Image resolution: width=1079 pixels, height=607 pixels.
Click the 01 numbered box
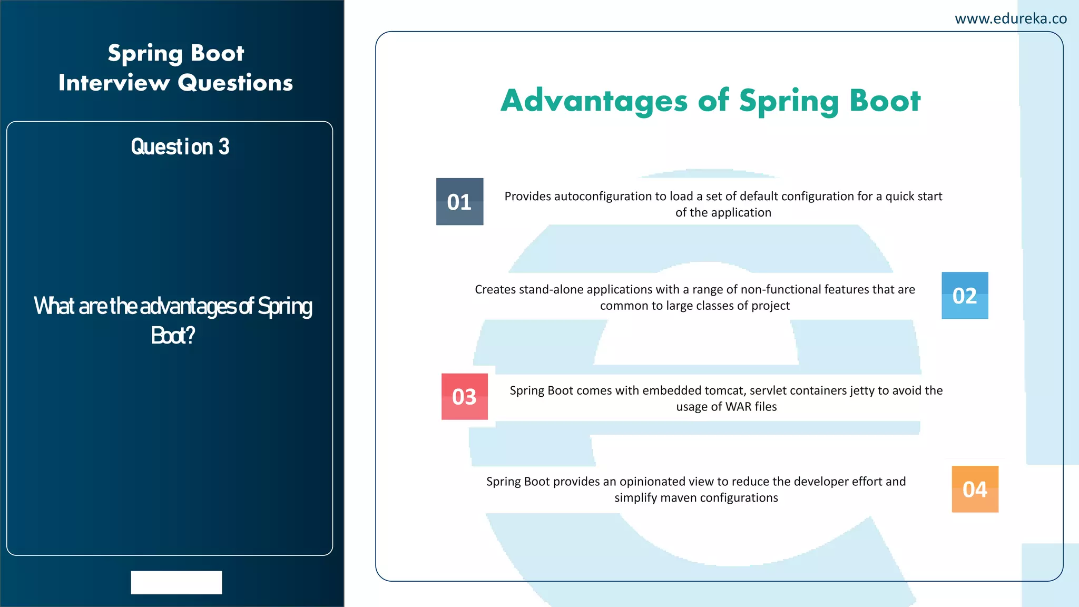pyautogui.click(x=459, y=202)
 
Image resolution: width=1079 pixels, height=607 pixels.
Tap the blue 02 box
pyautogui.click(x=965, y=296)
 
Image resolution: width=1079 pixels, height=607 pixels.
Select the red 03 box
pyautogui.click(x=464, y=397)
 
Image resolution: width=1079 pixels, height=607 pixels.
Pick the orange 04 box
pyautogui.click(x=975, y=489)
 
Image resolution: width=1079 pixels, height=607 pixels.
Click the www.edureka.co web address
pyautogui.click(x=1011, y=19)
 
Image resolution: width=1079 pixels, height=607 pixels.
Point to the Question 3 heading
pyautogui.click(x=180, y=147)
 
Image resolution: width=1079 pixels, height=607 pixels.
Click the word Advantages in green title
pyautogui.click(x=594, y=101)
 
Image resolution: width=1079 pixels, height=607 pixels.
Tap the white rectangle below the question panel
pyautogui.click(x=176, y=582)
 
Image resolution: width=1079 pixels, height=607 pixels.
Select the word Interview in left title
pyautogui.click(x=114, y=83)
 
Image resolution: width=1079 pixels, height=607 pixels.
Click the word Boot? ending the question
pyautogui.click(x=173, y=336)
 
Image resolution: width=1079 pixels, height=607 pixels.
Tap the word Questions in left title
pyautogui.click(x=235, y=83)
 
